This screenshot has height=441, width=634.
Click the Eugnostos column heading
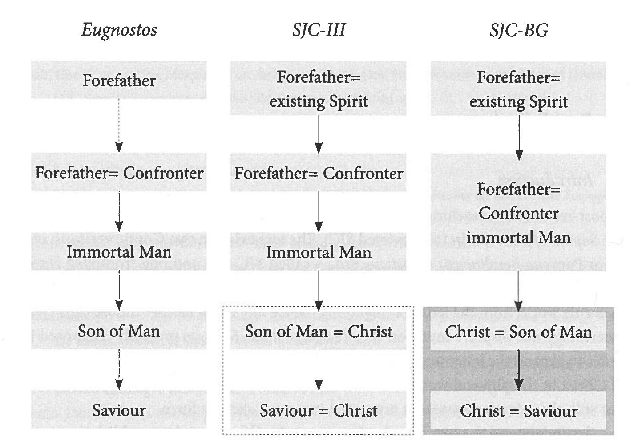tap(119, 30)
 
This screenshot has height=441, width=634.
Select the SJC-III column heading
tap(319, 30)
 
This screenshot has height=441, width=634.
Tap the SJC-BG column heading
tap(519, 30)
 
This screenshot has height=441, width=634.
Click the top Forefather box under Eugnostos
tap(119, 81)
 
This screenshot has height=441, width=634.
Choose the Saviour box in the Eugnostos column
tap(119, 410)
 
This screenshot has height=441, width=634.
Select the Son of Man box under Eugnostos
tap(119, 331)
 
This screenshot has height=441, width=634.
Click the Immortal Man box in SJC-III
tap(319, 252)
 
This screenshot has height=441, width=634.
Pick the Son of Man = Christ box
tap(319, 332)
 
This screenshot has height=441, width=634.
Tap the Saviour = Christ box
tap(319, 410)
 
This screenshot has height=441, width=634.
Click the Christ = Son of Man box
tap(518, 332)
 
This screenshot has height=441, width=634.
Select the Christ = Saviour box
tap(518, 410)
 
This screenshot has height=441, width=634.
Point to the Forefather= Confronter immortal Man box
tap(518, 213)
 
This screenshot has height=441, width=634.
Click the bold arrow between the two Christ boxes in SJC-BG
tap(519, 370)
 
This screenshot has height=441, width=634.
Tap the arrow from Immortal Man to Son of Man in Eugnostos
tap(119, 290)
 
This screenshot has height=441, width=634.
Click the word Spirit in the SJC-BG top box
tap(548, 102)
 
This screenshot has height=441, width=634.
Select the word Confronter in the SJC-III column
tap(363, 173)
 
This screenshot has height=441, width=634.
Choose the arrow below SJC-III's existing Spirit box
tap(319, 134)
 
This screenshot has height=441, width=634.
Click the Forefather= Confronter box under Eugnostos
tap(119, 173)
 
